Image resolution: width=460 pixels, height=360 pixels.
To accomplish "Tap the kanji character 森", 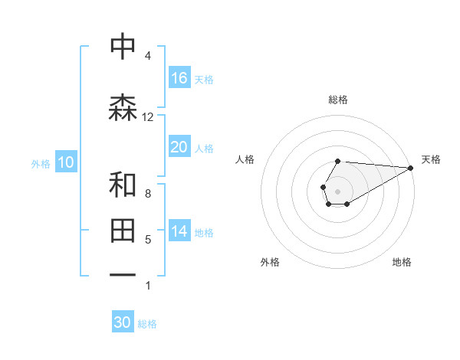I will pos(123,107).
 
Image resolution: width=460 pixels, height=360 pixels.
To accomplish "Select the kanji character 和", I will pos(123,185).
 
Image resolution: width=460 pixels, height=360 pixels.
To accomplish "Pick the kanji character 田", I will pos(123,229).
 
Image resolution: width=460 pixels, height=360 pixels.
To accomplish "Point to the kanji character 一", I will pos(123,273).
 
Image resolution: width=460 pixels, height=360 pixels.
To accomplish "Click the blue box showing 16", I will pos(179,77).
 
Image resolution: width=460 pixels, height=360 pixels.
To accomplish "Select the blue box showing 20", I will pos(179,147).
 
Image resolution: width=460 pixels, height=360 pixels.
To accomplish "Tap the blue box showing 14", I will pos(179,231).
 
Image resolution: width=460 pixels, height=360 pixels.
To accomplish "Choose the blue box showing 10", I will pos(66,162).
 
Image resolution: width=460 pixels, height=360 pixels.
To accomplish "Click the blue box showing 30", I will pos(123,322).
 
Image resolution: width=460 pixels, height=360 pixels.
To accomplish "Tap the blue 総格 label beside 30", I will pos(147,324).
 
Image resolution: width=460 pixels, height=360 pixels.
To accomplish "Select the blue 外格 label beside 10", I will pos(41,163).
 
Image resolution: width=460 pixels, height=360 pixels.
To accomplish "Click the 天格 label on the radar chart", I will pos(431,159).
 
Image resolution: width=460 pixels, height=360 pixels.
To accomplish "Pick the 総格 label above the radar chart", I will pos(337,100).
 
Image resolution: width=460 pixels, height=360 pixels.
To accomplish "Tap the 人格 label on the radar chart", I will pos(245,159).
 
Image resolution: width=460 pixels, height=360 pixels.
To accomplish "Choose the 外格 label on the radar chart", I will pos(270,262).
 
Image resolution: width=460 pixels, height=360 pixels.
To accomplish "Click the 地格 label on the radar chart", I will pos(402,262).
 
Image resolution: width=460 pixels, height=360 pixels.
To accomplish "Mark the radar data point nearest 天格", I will pos(412,168).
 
